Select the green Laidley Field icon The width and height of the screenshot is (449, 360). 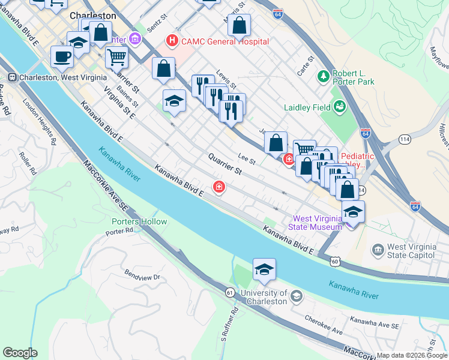[340, 107]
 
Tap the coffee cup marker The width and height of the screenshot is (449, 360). [62, 56]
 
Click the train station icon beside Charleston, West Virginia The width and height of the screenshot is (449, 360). [11, 77]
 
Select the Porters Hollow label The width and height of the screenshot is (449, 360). [139, 221]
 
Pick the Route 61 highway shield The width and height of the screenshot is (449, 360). [230, 292]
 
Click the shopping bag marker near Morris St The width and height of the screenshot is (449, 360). [239, 26]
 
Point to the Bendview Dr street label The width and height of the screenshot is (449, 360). [142, 277]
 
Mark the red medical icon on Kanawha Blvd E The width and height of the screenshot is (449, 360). [220, 188]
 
